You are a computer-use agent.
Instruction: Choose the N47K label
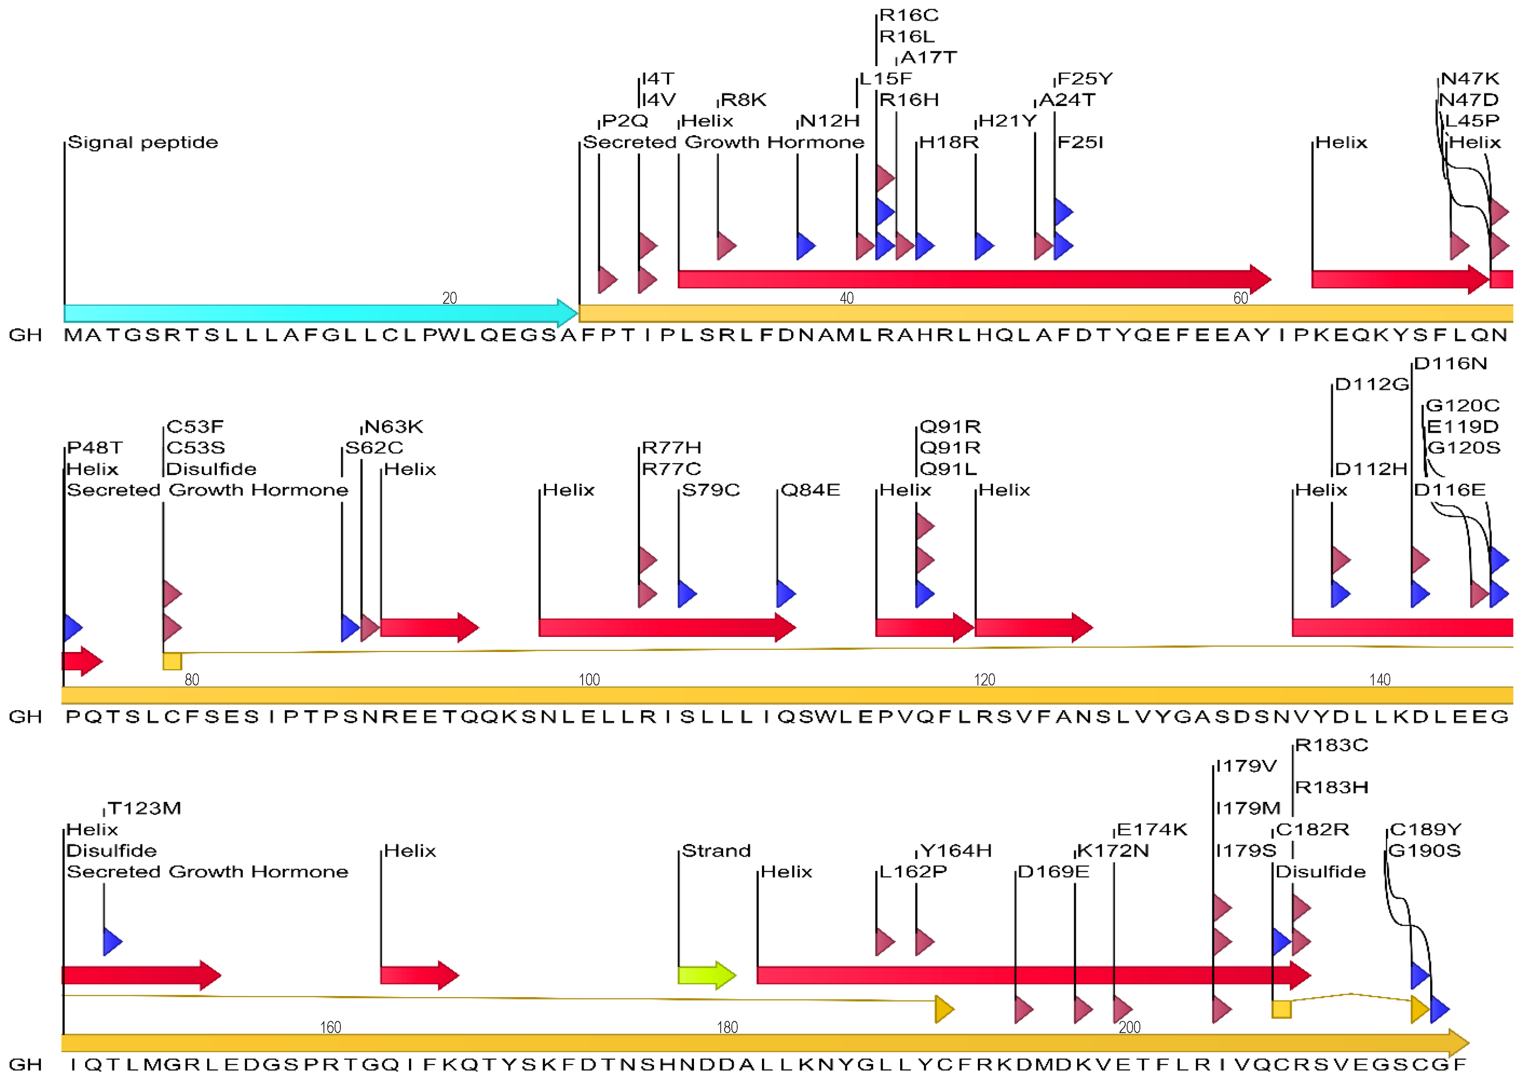(x=1470, y=79)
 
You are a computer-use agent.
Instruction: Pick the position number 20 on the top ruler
(x=450, y=298)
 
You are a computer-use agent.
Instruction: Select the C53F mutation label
(x=195, y=427)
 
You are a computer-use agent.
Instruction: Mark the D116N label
(x=1450, y=364)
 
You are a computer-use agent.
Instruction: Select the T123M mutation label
(x=144, y=808)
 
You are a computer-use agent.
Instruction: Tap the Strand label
(x=716, y=851)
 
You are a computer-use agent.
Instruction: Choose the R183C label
(x=1331, y=745)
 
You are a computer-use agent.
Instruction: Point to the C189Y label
(x=1425, y=829)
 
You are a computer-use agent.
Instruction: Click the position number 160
(x=330, y=1027)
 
